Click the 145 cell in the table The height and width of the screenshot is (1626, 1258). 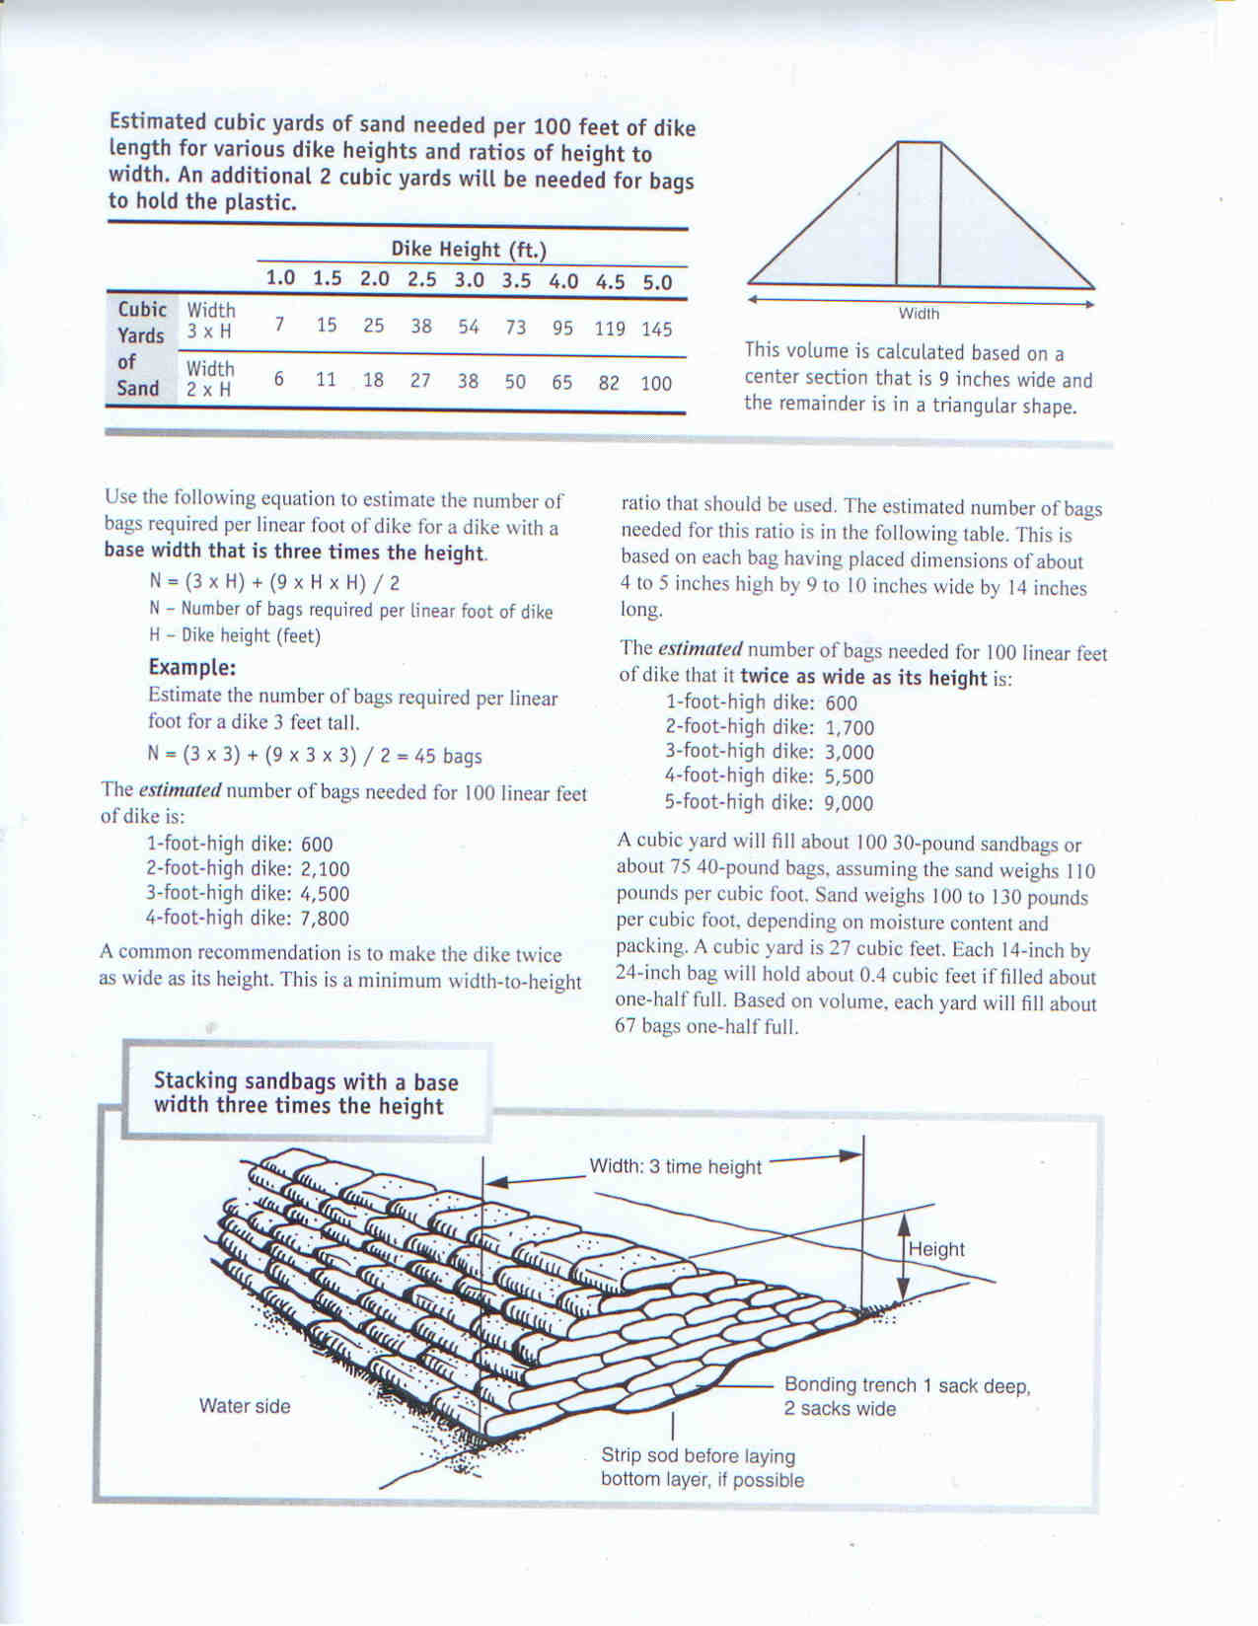(x=656, y=329)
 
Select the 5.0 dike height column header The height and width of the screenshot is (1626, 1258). (x=657, y=282)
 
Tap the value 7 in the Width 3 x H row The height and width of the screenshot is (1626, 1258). (x=280, y=325)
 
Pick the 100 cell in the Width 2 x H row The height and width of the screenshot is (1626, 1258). (x=656, y=383)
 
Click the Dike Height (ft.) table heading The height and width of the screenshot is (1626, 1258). (x=469, y=249)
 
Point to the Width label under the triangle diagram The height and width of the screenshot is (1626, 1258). (x=919, y=314)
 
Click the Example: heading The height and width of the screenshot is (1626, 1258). (x=192, y=666)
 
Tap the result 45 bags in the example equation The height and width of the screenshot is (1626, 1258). (x=448, y=756)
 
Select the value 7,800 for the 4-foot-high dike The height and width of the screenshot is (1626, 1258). (x=325, y=919)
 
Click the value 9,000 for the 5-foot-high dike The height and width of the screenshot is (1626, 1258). (x=849, y=803)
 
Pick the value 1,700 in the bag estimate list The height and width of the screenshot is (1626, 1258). (x=849, y=728)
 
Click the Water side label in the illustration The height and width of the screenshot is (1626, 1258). (x=245, y=1406)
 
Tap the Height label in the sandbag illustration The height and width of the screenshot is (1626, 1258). (x=936, y=1249)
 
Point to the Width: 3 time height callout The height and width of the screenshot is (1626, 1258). (x=676, y=1166)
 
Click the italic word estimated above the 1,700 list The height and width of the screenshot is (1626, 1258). (x=700, y=649)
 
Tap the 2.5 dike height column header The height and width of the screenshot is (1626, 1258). (x=421, y=279)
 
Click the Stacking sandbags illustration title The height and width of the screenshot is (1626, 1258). (x=306, y=1093)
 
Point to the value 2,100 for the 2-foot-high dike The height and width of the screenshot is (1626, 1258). (x=325, y=869)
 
